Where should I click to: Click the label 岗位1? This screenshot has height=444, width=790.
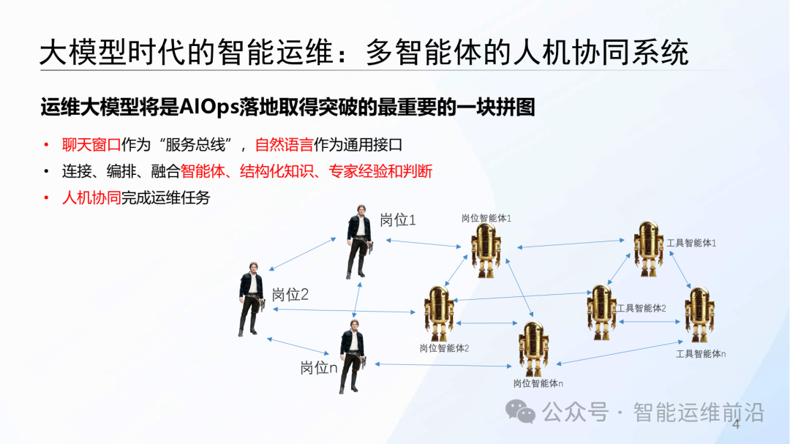tap(398, 220)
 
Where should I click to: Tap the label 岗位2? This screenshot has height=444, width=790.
tap(290, 296)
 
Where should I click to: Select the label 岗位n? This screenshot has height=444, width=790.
tap(318, 368)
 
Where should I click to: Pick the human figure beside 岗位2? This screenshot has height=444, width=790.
tap(250, 304)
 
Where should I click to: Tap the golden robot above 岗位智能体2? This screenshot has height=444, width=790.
tap(440, 312)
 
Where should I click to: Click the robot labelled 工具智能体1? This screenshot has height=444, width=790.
tap(647, 247)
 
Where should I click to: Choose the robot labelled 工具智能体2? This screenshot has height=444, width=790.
tap(601, 312)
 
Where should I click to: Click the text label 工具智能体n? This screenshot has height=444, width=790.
tap(701, 354)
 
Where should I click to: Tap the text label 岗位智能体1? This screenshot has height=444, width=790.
tap(486, 218)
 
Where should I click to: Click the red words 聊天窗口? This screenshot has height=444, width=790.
tap(91, 145)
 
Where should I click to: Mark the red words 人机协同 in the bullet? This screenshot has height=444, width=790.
tap(91, 197)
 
